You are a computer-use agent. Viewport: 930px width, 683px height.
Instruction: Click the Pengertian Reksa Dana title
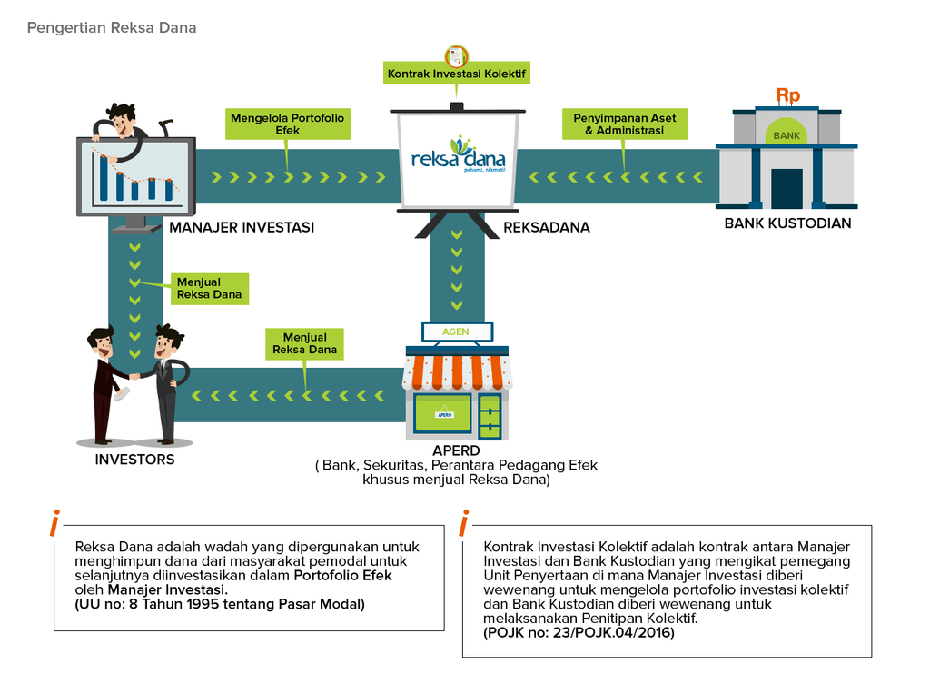point(112,27)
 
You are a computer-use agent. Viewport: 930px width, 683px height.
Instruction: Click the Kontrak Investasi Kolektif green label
point(456,74)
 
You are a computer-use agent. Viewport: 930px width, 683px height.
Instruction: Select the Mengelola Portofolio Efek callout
point(287,124)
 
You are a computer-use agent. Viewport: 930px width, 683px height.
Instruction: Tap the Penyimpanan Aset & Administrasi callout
point(624,124)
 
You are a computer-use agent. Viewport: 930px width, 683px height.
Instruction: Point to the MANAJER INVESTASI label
point(242,227)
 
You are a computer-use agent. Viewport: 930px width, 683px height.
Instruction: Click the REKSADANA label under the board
point(547,227)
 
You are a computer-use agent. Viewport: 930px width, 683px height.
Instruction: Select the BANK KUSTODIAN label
point(787,223)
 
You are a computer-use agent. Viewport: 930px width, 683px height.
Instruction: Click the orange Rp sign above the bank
point(787,95)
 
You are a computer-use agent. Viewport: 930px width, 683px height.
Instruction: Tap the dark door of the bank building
point(787,188)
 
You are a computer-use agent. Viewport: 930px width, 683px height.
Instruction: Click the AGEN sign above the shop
point(456,332)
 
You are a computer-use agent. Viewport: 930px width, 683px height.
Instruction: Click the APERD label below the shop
point(456,450)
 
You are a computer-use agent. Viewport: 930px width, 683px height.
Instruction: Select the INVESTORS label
point(134,460)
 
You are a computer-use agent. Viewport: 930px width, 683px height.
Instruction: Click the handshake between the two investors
point(134,375)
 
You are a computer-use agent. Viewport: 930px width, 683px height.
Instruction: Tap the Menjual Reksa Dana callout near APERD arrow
point(305,343)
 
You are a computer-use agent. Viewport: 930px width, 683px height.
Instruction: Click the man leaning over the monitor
point(121,124)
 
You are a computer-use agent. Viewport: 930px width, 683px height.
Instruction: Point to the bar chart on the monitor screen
point(136,178)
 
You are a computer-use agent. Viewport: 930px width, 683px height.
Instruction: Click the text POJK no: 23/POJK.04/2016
point(579,632)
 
